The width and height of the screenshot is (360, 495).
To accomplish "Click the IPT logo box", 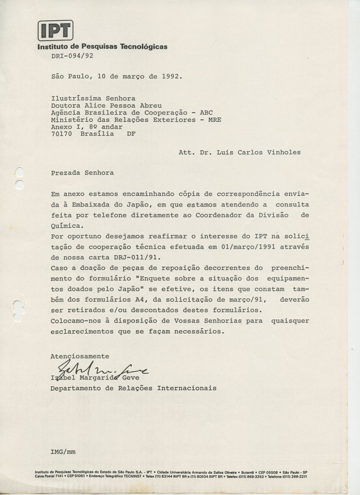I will [x=55, y=30].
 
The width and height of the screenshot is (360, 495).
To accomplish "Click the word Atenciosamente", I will [x=80, y=356].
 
